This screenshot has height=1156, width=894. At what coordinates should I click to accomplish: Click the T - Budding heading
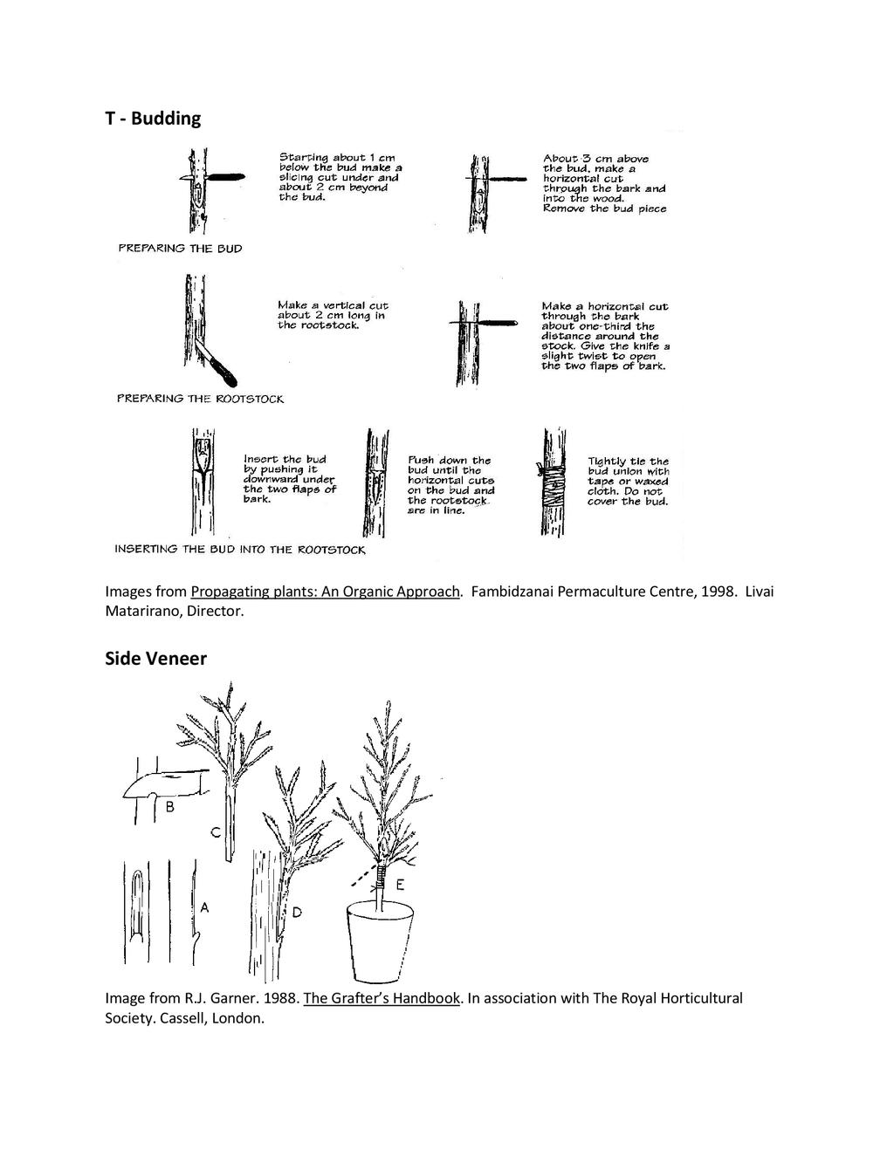[153, 119]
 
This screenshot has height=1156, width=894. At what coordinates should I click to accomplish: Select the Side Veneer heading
[155, 659]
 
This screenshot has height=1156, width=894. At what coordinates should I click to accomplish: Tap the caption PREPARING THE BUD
[181, 249]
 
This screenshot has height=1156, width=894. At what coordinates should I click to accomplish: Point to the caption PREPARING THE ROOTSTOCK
[201, 399]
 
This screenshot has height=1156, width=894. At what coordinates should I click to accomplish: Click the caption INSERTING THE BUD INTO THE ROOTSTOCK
[240, 550]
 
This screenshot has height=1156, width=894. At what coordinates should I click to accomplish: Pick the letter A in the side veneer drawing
[204, 907]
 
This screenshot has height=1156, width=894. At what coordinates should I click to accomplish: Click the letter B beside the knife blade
[170, 808]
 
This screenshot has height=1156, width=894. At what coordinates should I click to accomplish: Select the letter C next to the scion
[214, 834]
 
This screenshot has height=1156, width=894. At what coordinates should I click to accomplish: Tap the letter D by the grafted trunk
[297, 913]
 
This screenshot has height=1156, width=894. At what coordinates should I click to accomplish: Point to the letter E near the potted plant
[400, 885]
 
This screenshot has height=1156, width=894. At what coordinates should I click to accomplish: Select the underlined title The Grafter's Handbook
[382, 998]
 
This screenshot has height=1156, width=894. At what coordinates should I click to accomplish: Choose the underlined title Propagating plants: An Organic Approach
[325, 592]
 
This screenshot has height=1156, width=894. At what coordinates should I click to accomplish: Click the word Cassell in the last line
[185, 1018]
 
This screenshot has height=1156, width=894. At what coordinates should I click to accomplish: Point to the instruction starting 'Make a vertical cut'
[333, 315]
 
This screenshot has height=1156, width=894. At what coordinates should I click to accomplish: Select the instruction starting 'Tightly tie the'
[628, 481]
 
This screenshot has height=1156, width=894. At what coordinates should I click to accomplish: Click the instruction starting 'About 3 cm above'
[603, 184]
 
